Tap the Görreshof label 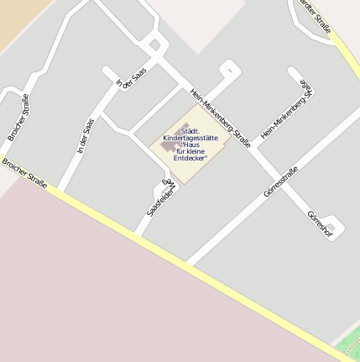click(x=321, y=223)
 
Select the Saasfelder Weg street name click(x=161, y=197)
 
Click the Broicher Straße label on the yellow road click(x=24, y=173)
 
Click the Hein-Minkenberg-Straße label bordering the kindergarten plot click(x=221, y=118)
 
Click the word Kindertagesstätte click(x=190, y=136)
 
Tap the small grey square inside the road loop click(x=154, y=45)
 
